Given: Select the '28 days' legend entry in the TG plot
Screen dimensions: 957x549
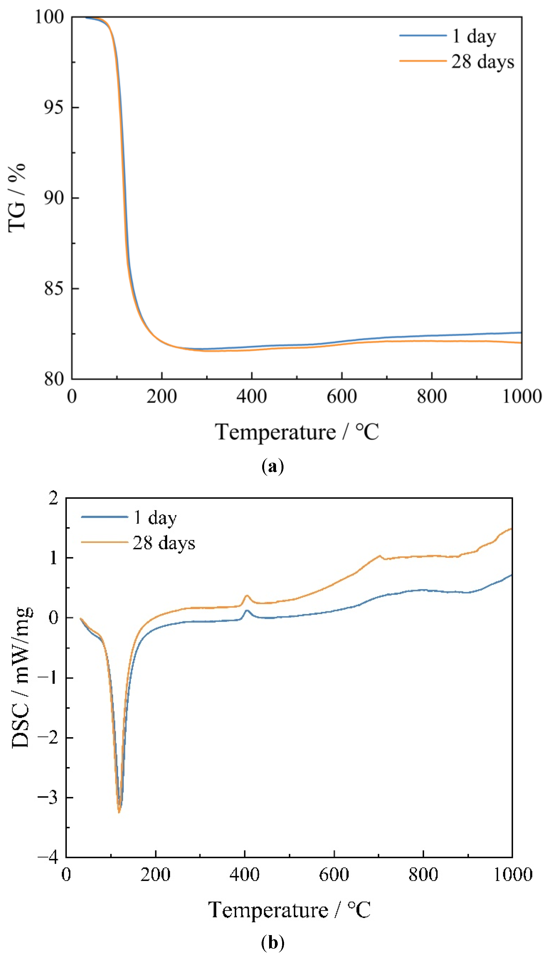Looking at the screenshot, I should (x=483, y=62).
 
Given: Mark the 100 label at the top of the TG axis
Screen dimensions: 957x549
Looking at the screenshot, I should (x=49, y=17).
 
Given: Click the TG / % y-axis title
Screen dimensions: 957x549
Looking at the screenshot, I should (x=17, y=198).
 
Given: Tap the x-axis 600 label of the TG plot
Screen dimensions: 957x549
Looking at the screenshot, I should (x=342, y=397).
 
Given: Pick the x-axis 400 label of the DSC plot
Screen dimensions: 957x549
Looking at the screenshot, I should (x=244, y=874).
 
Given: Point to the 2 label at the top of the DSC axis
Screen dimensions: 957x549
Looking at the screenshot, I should (x=54, y=498).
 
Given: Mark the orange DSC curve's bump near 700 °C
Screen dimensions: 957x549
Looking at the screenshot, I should (x=379, y=556).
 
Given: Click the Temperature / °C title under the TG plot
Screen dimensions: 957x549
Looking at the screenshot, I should (x=297, y=432).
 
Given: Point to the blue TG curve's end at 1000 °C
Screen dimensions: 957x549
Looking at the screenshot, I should (x=521, y=333).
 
